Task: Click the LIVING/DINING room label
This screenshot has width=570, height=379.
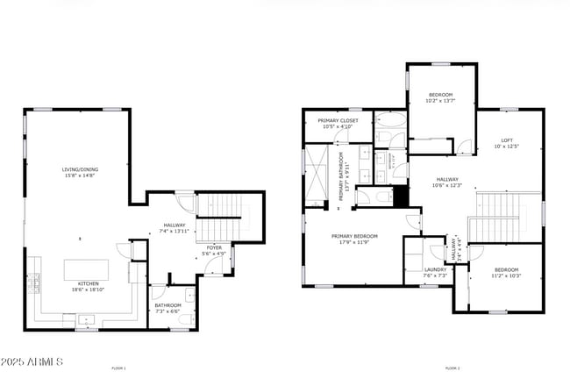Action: click(79, 169)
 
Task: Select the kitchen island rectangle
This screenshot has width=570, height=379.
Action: click(86, 268)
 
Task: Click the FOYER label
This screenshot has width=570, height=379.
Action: click(214, 248)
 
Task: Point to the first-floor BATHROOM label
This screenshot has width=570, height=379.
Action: click(168, 305)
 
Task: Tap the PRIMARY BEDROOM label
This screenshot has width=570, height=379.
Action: click(355, 236)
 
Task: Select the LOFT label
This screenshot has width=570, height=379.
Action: click(507, 140)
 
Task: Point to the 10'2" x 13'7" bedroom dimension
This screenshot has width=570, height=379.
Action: click(440, 101)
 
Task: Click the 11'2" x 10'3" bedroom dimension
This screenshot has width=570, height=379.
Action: click(507, 275)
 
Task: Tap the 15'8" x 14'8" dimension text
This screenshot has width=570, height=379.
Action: click(79, 175)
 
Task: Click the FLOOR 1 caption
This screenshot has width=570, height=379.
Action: click(119, 368)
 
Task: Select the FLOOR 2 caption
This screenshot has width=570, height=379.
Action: click(452, 368)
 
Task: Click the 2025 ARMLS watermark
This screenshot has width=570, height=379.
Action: click(33, 361)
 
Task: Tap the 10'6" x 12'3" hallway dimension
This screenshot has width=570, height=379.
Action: click(447, 185)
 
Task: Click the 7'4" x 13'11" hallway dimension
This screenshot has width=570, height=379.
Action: click(175, 231)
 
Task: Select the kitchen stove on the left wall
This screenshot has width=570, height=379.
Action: click(36, 282)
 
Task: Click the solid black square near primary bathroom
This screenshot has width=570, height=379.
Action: click(401, 197)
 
